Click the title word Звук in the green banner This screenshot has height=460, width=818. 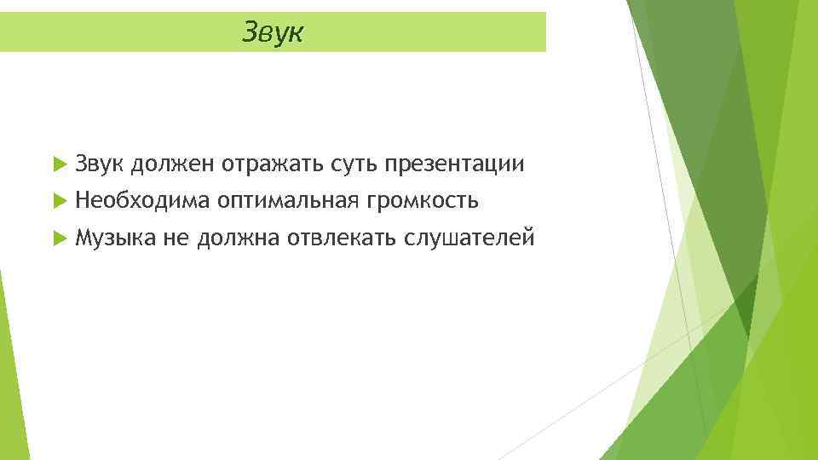click(273, 32)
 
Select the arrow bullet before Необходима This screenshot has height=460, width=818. click(58, 201)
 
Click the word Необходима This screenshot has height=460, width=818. click(141, 201)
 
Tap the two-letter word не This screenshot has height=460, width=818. click(175, 239)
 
